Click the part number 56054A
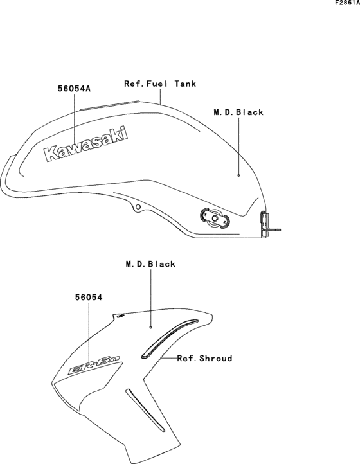(74, 89)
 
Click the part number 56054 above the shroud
(89, 298)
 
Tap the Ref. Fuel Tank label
(160, 84)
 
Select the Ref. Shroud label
(204, 359)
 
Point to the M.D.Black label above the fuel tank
(239, 112)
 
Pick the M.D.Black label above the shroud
(150, 264)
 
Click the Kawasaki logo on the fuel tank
(86, 144)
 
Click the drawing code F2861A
(347, 3)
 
